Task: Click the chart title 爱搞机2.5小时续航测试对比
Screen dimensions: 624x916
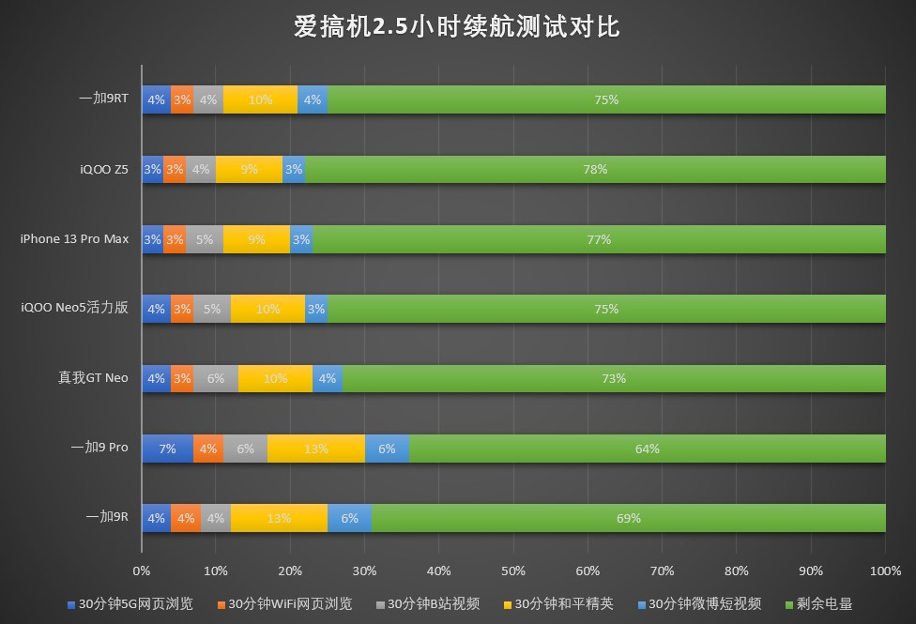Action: [457, 25]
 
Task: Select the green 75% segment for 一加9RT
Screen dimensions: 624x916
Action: [606, 99]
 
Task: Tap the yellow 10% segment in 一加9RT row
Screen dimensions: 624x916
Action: [260, 99]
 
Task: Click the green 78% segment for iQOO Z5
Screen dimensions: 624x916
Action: [595, 169]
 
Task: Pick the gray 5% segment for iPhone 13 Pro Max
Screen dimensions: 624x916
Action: [205, 239]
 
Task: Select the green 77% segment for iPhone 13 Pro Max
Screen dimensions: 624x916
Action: [599, 239]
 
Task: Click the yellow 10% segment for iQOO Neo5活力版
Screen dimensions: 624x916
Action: [267, 309]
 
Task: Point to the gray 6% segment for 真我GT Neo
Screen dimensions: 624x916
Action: [216, 378]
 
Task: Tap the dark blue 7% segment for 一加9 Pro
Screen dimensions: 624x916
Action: [167, 449]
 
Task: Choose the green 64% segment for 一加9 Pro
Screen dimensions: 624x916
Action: [647, 449]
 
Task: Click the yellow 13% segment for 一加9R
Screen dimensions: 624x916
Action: [279, 518]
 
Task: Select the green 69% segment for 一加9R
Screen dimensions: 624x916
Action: [628, 518]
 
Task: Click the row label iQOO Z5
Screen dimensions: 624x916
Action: [103, 169]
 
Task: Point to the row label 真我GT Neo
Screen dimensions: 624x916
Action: [93, 378]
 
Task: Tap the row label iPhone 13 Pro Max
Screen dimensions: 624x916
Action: [74, 239]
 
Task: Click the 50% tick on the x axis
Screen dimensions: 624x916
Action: [513, 571]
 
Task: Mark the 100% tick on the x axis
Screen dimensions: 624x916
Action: [885, 571]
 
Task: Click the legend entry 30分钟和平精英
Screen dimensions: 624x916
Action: [564, 603]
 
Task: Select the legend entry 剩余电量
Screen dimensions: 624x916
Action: [823, 603]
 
